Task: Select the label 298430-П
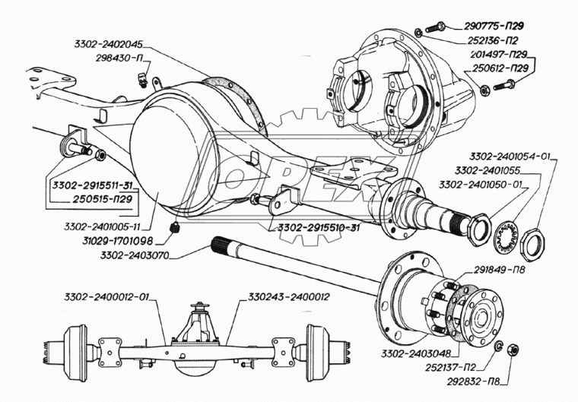103,57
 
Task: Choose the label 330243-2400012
289,296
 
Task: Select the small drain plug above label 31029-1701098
173,226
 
